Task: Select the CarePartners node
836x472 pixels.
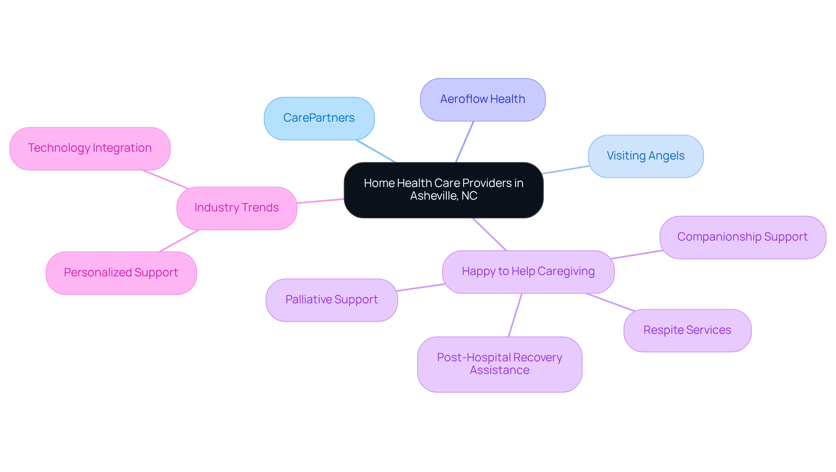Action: [319, 118]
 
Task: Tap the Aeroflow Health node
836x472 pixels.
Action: [482, 99]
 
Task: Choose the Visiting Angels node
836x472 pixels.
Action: [645, 156]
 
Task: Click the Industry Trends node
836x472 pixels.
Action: [236, 208]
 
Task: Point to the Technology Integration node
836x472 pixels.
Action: [90, 148]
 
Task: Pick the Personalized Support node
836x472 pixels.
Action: [121, 273]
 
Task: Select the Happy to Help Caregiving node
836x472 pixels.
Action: [528, 272]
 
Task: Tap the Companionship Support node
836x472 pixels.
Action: [742, 237]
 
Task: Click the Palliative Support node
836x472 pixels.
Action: [331, 300]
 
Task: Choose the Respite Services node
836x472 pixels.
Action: [687, 330]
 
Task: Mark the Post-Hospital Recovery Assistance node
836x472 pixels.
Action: [499, 364]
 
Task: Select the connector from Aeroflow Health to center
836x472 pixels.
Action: [465, 142]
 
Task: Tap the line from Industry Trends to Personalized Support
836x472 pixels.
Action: [179, 241]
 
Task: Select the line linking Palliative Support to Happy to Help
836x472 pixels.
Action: [421, 287]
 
